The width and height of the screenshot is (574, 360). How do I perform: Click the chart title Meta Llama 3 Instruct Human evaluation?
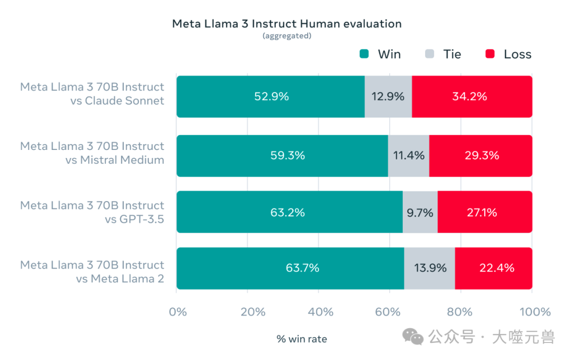point(286,24)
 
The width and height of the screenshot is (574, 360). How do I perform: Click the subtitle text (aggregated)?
point(286,36)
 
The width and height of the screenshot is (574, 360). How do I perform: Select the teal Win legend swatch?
point(364,54)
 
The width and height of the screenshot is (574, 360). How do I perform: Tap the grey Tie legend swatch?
point(430,54)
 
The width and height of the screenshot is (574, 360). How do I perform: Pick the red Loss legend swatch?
point(490,54)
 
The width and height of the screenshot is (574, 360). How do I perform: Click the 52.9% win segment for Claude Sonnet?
point(271,96)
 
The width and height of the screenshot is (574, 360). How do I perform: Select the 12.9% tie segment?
point(388,96)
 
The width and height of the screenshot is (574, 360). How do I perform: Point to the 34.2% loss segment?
point(472,96)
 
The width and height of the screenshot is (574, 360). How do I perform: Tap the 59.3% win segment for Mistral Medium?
point(282,156)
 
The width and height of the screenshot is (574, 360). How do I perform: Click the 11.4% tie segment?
point(408,156)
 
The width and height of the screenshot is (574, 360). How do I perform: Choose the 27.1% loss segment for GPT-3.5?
point(484,212)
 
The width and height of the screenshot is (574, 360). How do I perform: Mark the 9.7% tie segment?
point(420,212)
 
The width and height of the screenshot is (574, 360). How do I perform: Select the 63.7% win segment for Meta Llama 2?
point(290,268)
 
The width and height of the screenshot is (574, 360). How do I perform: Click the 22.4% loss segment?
point(494,268)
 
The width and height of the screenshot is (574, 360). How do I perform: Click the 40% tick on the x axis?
point(320,312)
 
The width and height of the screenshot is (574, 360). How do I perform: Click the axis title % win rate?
point(301,339)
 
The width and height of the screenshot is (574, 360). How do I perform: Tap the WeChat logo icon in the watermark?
point(413,336)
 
